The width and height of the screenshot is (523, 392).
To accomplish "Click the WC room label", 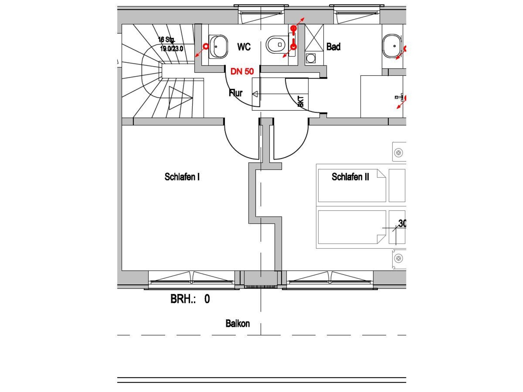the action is coord(244,47).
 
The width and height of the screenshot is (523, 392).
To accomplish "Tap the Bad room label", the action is coord(333,47).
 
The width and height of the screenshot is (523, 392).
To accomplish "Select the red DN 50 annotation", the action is coord(242,71).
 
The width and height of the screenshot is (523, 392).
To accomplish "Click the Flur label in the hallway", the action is coord(236,93).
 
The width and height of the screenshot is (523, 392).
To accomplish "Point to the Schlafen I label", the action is coord(182,177).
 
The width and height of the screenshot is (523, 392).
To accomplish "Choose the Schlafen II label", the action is coord(350,177).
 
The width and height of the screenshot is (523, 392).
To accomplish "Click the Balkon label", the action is coord(238,323).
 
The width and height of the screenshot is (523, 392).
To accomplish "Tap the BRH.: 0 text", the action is coord(190,299).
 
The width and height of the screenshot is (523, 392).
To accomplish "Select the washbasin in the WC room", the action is coord(218,47).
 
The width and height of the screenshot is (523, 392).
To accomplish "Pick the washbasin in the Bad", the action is coord(392,46).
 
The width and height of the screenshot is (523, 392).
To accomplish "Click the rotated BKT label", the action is coord(300,101).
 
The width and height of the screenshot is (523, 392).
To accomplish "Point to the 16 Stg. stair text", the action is coord(166,40).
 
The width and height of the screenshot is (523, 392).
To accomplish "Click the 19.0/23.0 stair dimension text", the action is coord(172,49).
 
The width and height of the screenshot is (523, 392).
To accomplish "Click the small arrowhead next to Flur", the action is coord(255,94).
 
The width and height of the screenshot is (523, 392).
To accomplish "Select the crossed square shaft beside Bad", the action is coord(314,38).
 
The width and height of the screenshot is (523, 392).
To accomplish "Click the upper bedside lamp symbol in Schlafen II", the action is coord(399,153).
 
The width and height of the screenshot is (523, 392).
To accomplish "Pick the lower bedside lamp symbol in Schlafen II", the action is coord(399,258).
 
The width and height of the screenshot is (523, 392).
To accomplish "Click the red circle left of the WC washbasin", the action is coord(206,47).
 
